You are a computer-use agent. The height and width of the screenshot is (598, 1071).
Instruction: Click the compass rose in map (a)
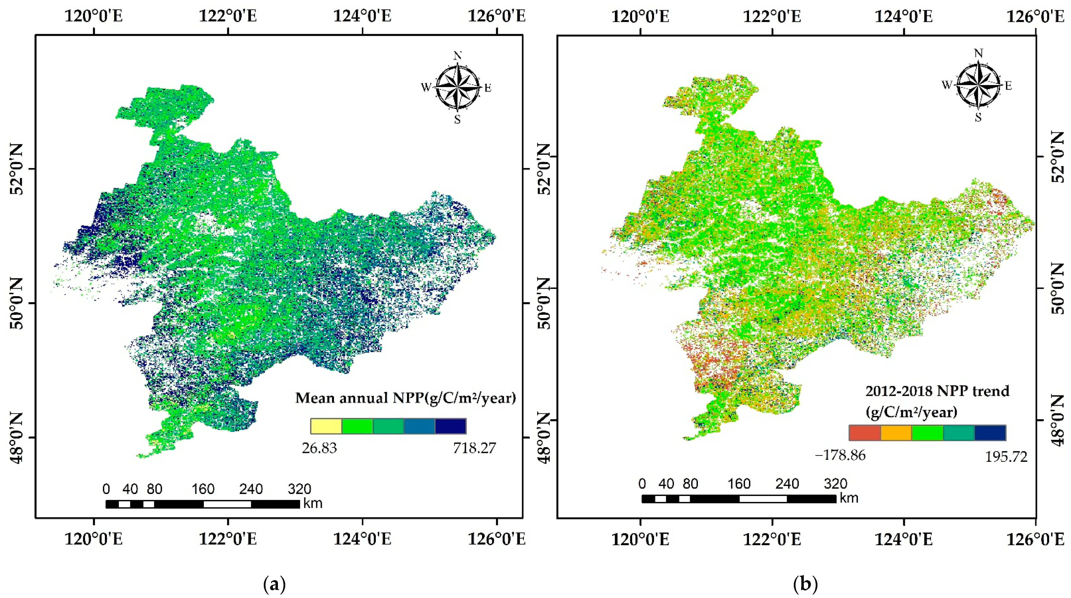click(x=457, y=87)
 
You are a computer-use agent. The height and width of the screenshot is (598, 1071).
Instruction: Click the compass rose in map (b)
click(x=978, y=85)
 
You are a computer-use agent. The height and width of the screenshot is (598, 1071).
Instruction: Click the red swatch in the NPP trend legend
click(x=865, y=433)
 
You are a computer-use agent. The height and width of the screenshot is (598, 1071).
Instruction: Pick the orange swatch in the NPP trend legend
click(x=896, y=433)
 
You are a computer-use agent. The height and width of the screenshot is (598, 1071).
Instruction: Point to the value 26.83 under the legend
click(x=319, y=448)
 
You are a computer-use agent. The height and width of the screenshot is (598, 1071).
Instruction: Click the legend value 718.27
click(x=474, y=448)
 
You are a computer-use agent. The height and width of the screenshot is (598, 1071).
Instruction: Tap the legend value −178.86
click(x=840, y=455)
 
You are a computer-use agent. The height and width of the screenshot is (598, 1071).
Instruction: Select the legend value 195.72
click(x=1006, y=457)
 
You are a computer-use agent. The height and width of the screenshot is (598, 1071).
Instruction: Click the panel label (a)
click(x=275, y=584)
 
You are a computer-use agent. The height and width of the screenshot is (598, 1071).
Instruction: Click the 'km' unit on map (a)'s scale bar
click(x=313, y=503)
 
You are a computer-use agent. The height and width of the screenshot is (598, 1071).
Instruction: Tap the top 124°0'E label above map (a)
click(x=362, y=16)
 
